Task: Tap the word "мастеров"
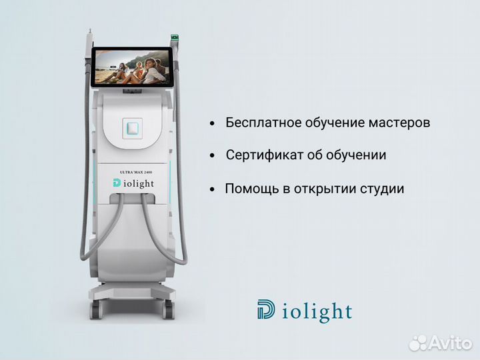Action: [399, 123]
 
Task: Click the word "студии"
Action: [382, 189]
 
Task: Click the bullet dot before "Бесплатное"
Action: [212, 124]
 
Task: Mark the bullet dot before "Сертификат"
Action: [212, 156]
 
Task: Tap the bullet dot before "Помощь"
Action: [212, 189]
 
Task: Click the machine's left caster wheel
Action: [95, 309]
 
